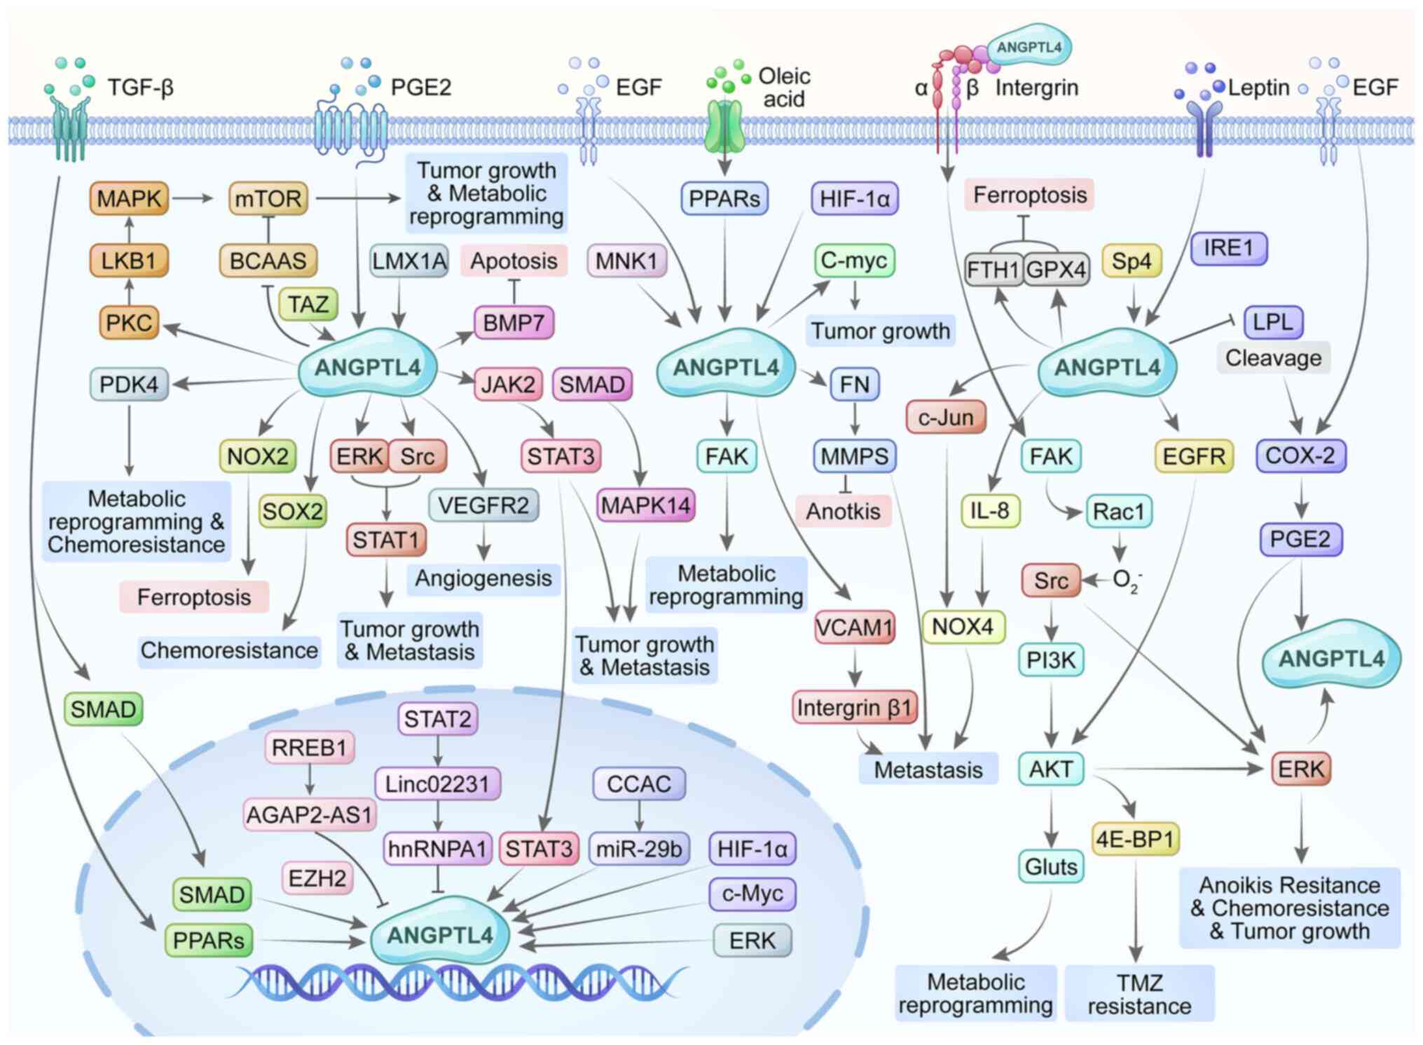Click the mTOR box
click(268, 199)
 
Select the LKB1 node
click(128, 261)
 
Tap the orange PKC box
click(128, 322)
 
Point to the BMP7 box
click(514, 323)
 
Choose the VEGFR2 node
click(483, 505)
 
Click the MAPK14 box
click(645, 505)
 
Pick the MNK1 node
click(626, 261)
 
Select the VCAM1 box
click(854, 627)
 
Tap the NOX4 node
click(963, 626)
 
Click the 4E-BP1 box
click(1134, 839)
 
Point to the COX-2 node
click(1300, 456)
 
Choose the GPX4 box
click(1056, 270)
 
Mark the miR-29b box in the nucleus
click(639, 849)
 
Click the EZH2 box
click(317, 877)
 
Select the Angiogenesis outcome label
click(483, 578)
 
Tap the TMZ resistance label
click(1139, 994)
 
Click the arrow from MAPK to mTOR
click(192, 198)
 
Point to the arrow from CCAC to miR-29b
click(639, 815)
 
